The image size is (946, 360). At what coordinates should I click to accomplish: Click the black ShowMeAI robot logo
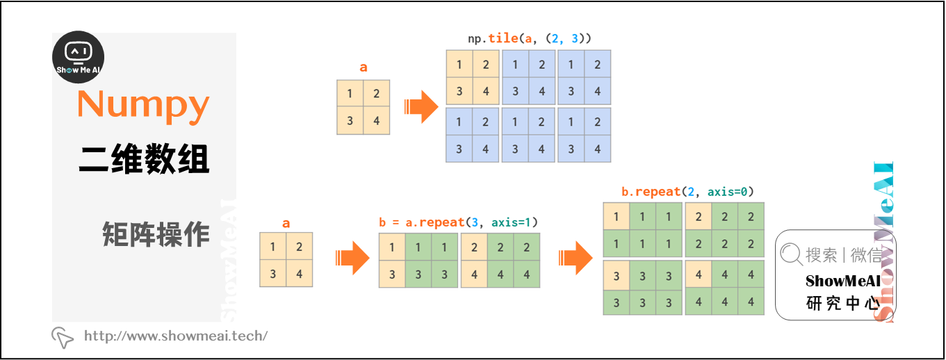point(79,58)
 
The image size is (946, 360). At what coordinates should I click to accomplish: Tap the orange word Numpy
point(143,104)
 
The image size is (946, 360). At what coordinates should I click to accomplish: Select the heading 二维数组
point(144,160)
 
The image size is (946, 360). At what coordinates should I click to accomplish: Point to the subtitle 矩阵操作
point(156,235)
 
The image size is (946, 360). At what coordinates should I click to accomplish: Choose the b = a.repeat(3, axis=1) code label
point(458,222)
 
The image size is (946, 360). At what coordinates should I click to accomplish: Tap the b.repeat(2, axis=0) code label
point(687,191)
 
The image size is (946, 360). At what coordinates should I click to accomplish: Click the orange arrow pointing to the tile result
point(421,107)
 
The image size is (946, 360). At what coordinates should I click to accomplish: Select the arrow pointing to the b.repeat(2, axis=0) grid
point(576,259)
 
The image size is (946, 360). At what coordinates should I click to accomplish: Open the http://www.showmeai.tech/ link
point(175,336)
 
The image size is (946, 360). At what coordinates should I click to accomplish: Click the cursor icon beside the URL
point(63,337)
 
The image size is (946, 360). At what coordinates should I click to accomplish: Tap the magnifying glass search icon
point(791,254)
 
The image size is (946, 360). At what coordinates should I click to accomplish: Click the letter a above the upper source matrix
point(364,67)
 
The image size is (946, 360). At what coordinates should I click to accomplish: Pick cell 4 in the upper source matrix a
point(377,121)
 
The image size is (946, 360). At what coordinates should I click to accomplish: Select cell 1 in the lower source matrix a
point(272,247)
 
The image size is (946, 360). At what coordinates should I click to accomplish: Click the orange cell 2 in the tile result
point(486,65)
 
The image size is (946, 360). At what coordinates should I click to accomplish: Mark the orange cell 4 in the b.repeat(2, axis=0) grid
point(699,275)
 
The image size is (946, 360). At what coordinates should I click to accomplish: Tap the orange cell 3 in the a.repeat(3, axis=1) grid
point(392,275)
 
